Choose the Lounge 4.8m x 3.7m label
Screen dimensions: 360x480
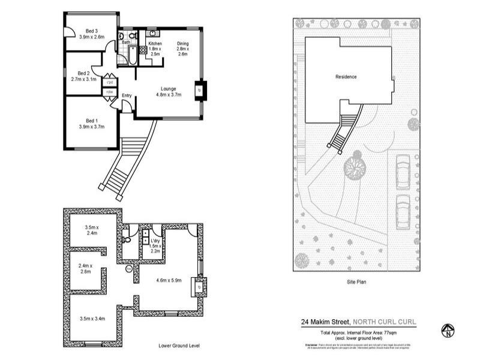pyautogui.click(x=168, y=91)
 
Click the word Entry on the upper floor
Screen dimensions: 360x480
pyautogui.click(x=127, y=96)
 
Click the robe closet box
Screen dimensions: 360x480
pyautogui.click(x=110, y=92)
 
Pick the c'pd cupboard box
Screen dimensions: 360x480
pyautogui.click(x=110, y=82)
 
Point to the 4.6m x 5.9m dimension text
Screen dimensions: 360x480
pyautogui.click(x=169, y=280)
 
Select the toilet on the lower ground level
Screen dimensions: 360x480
pyautogui.click(x=127, y=239)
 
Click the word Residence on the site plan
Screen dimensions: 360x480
pyautogui.click(x=346, y=77)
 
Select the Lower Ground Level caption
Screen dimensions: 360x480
pyautogui.click(x=179, y=346)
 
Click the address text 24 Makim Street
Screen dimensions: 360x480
pyautogui.click(x=325, y=322)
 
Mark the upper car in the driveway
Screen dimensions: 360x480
pyautogui.click(x=403, y=168)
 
